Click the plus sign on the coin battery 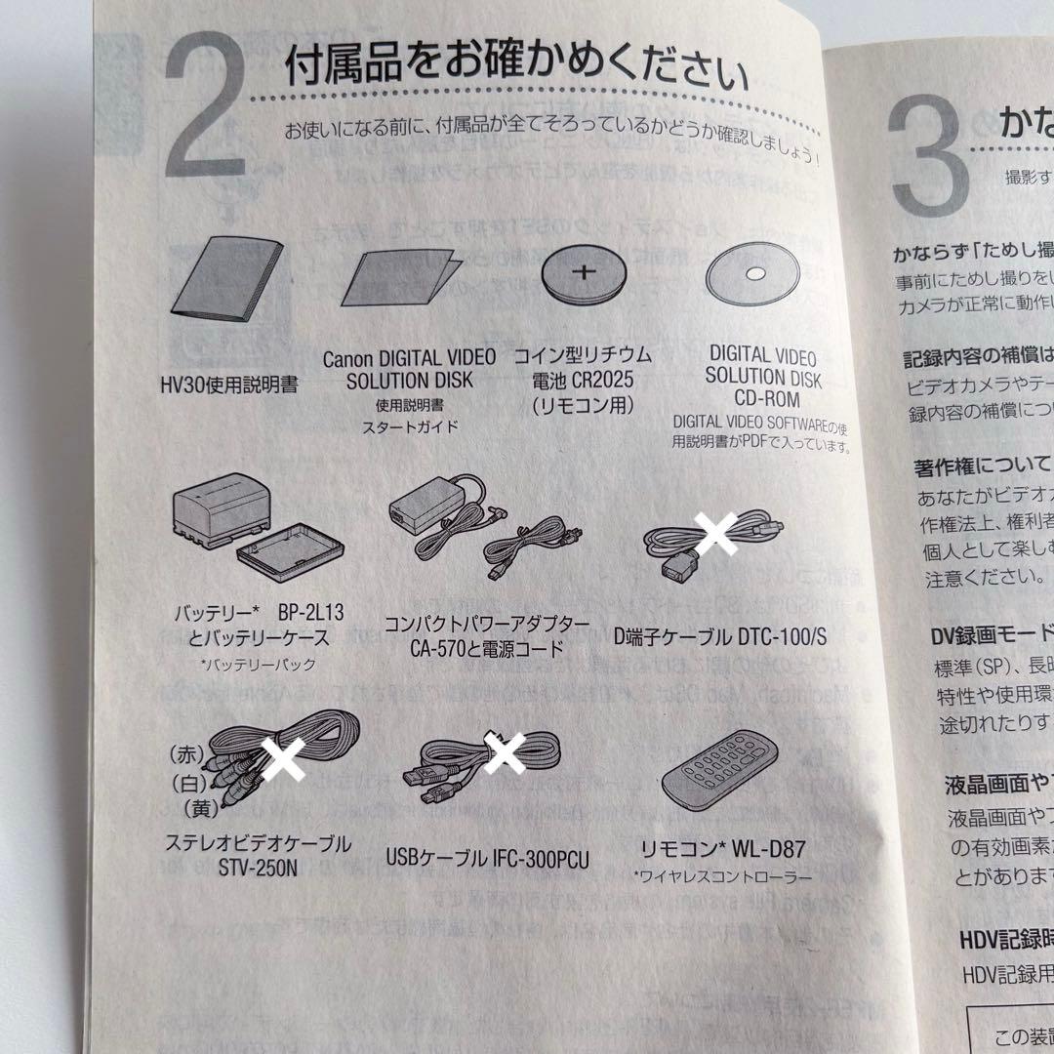[582, 271]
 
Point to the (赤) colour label [184, 753]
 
